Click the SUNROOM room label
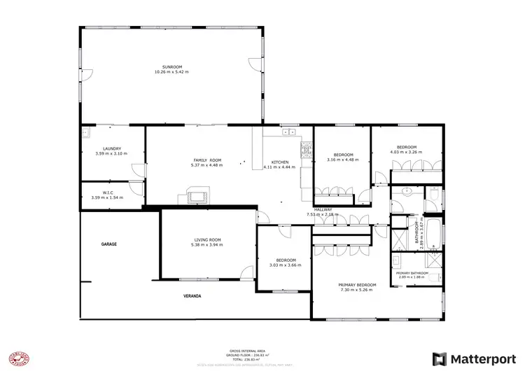click(171, 67)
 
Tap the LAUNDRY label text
click(112, 148)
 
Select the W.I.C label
click(108, 192)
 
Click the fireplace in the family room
click(197, 197)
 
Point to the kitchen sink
click(289, 131)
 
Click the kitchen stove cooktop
click(306, 149)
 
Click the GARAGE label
click(108, 244)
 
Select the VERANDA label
click(192, 296)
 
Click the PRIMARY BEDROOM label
click(357, 285)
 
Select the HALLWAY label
click(323, 209)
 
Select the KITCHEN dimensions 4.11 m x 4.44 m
click(279, 167)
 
